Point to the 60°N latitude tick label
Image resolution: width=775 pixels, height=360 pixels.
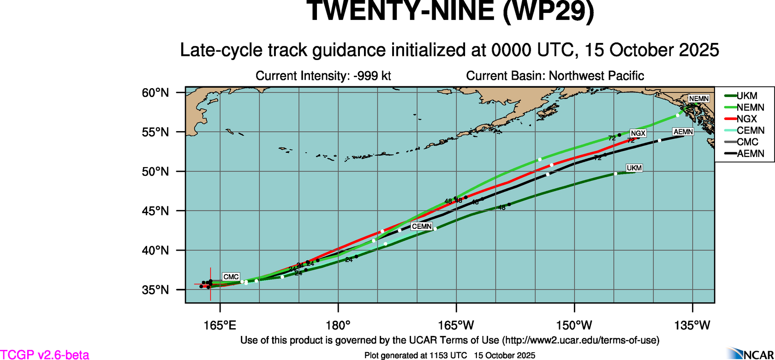(155, 93)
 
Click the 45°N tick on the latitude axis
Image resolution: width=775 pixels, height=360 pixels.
(155, 211)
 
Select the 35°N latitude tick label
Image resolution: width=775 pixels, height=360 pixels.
(155, 290)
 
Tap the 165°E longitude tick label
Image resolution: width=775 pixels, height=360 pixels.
(220, 325)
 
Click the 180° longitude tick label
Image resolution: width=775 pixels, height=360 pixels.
(338, 325)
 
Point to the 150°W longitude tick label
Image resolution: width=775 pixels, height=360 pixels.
(574, 325)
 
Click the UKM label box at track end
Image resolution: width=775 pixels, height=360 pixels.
(634, 168)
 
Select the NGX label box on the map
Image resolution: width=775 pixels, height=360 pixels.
(638, 133)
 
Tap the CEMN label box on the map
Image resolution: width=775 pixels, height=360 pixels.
(422, 227)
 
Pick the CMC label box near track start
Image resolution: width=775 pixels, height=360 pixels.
(231, 277)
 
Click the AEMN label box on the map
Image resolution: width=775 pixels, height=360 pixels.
(683, 132)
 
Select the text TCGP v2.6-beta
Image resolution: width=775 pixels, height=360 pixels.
(45, 354)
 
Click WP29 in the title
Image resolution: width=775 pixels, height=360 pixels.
(548, 11)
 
